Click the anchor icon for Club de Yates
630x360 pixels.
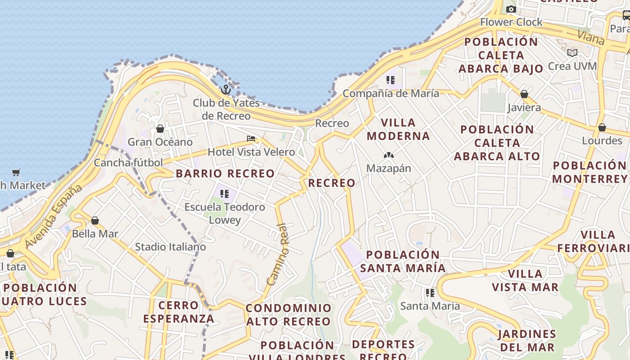tap(226, 90)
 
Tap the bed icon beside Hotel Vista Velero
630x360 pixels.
tap(251, 139)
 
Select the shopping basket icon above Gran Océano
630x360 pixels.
tap(160, 129)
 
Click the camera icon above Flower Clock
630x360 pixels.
tap(511, 9)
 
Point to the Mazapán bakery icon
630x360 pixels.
tap(388, 155)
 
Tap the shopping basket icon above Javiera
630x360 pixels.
tap(524, 94)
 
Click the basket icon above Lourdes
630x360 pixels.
tap(602, 127)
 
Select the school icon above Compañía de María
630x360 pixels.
tap(390, 80)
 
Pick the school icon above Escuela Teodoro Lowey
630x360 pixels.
tap(225, 194)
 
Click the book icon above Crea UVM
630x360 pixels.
tap(572, 53)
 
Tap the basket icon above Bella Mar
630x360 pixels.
tap(95, 220)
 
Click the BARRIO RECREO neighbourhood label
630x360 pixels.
tap(225, 174)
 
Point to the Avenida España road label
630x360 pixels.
tap(54, 216)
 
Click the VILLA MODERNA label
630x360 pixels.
tap(398, 129)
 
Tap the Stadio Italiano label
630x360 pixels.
tap(171, 247)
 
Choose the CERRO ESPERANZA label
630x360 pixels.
tap(179, 312)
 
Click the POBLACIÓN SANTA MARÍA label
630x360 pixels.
tap(403, 261)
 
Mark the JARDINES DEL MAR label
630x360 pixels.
tap(527, 341)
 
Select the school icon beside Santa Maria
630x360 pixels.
tap(430, 293)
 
